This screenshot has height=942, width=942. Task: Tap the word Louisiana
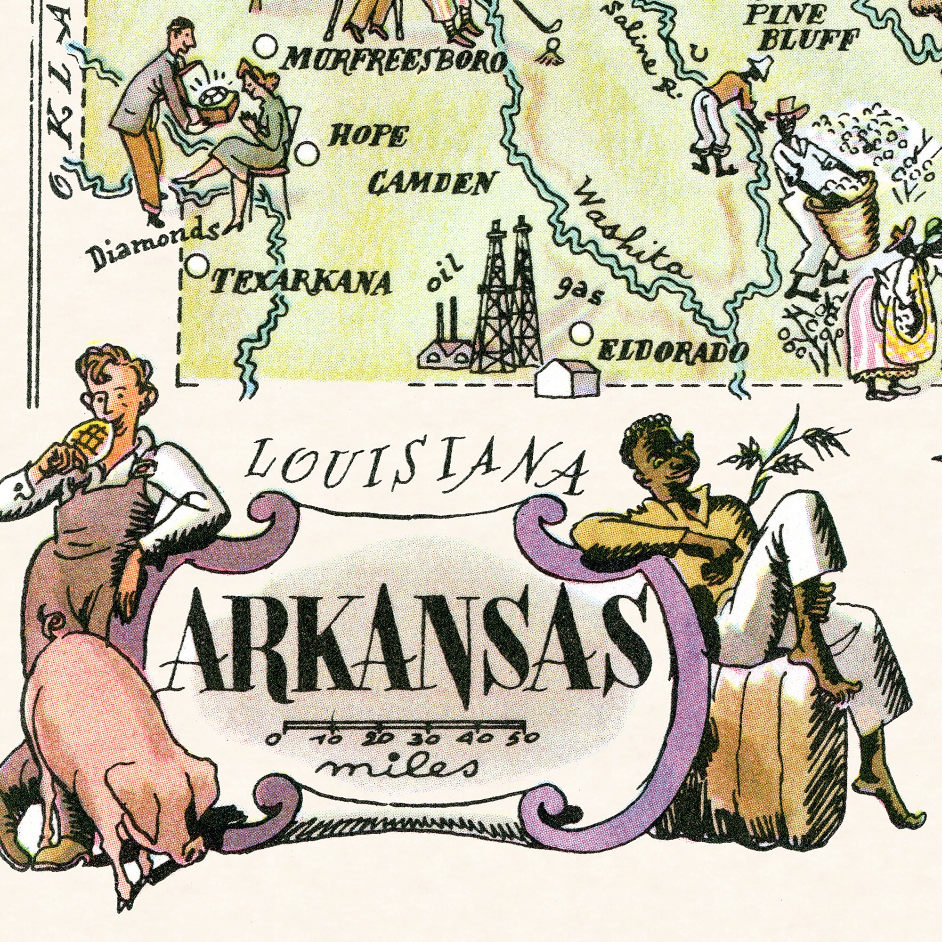click(416, 466)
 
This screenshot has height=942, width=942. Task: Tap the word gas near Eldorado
click(579, 294)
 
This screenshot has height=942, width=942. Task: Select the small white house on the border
click(567, 378)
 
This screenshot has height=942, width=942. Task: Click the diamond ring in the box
click(213, 98)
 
